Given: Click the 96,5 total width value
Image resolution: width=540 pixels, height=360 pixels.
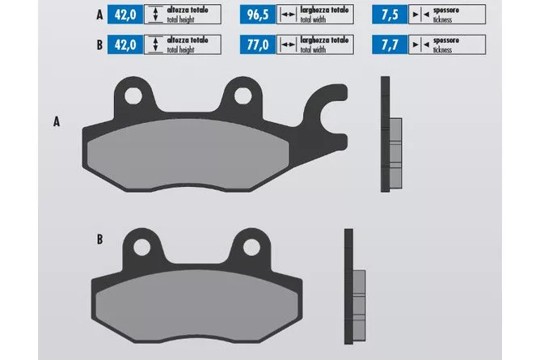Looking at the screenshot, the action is point(258,15).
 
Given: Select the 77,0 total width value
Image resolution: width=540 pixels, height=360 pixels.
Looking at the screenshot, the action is point(258,44).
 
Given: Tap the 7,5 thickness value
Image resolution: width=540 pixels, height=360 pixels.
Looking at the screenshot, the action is point(390,15).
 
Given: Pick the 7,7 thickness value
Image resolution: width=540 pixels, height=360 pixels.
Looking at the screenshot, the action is point(390,44).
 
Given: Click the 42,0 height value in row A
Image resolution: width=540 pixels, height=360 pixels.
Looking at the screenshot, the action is point(125,15).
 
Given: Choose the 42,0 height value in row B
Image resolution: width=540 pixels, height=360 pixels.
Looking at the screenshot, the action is point(125,44).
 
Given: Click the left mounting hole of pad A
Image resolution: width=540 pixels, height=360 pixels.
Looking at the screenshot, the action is point(133,95).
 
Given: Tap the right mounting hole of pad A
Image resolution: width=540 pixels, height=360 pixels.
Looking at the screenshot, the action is point(243,95).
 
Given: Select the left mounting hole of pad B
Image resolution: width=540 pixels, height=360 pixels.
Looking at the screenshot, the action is point(142,248).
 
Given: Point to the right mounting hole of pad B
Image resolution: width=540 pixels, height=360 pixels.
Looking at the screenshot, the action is point(251,248).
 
